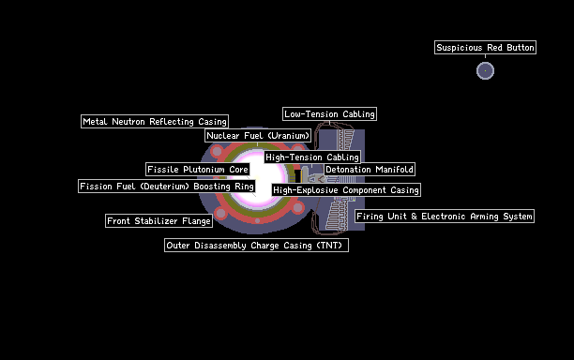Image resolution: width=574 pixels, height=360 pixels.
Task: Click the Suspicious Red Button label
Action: [x=485, y=48]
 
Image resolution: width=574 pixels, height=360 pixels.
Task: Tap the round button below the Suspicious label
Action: [x=485, y=70]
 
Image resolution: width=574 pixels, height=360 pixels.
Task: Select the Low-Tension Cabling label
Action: [x=329, y=114]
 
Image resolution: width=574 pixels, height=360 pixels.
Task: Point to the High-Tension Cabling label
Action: [x=312, y=157]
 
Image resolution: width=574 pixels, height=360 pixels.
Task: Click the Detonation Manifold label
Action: [x=370, y=170]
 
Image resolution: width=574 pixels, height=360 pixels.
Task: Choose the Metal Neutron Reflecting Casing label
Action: [x=155, y=122]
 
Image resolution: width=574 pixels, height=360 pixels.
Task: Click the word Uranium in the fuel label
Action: [x=289, y=136]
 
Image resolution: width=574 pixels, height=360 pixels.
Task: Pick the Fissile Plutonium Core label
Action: [x=198, y=170]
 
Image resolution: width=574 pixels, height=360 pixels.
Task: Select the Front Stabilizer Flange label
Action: [x=159, y=221]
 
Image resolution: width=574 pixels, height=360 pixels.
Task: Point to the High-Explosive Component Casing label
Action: [x=346, y=190]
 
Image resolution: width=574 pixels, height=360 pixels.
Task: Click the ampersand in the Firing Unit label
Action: [x=414, y=217]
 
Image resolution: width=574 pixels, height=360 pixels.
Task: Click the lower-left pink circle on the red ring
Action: [x=220, y=213]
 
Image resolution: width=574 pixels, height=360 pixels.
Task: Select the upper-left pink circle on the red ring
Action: [x=217, y=151]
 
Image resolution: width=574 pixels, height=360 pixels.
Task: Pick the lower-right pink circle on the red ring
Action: [x=298, y=208]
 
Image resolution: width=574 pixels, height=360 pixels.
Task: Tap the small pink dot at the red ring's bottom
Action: [x=257, y=220]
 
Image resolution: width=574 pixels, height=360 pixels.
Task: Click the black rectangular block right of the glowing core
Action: [x=297, y=175]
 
